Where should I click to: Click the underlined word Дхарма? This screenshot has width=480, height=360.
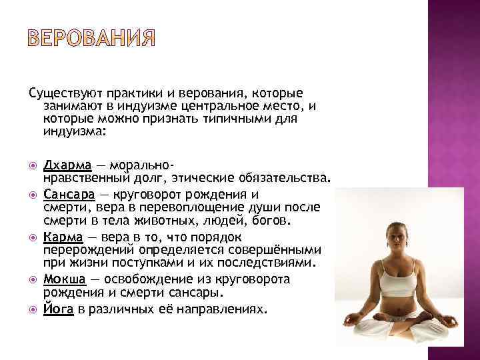(x=63, y=164)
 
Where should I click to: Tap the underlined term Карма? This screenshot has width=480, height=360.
(x=63, y=237)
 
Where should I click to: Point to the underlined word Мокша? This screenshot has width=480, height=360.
(x=64, y=279)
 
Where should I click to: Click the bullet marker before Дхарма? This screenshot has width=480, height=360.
(x=34, y=165)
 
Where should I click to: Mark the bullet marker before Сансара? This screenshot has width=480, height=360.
(x=34, y=195)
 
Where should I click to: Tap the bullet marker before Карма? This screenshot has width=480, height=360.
(x=34, y=238)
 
